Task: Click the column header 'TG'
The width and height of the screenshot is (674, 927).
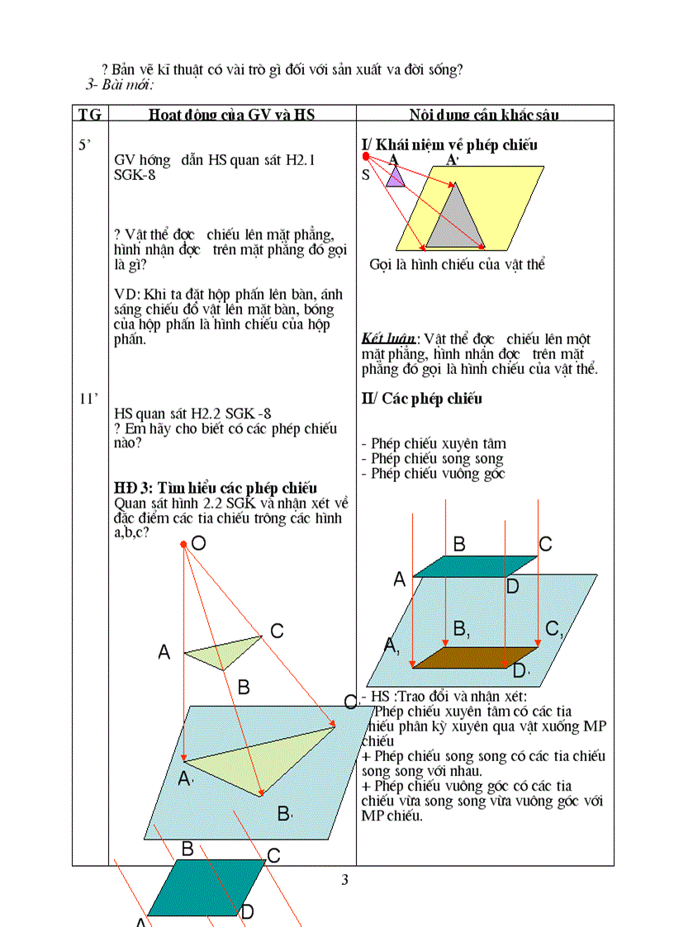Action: click(89, 114)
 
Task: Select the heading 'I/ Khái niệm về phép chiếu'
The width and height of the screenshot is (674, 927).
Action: click(449, 145)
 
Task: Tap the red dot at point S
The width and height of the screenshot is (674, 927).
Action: click(366, 156)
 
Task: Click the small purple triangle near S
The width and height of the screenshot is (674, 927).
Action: click(396, 177)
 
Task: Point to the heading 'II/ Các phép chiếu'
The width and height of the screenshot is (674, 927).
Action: click(422, 399)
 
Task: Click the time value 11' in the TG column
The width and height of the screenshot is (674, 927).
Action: click(88, 400)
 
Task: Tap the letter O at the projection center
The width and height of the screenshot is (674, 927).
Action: click(198, 542)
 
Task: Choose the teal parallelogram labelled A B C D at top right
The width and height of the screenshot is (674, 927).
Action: click(474, 565)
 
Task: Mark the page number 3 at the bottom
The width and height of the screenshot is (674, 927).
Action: click(345, 879)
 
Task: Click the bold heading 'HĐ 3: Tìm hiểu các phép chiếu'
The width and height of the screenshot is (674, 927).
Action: click(216, 488)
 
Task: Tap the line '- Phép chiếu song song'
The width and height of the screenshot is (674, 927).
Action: click(432, 459)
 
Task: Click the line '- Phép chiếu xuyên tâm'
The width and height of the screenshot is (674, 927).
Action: click(434, 444)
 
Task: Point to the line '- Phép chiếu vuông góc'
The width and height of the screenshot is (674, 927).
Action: click(433, 474)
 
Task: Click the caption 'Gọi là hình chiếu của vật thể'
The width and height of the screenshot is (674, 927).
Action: click(457, 265)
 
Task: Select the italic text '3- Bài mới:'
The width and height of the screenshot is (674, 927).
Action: click(121, 84)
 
